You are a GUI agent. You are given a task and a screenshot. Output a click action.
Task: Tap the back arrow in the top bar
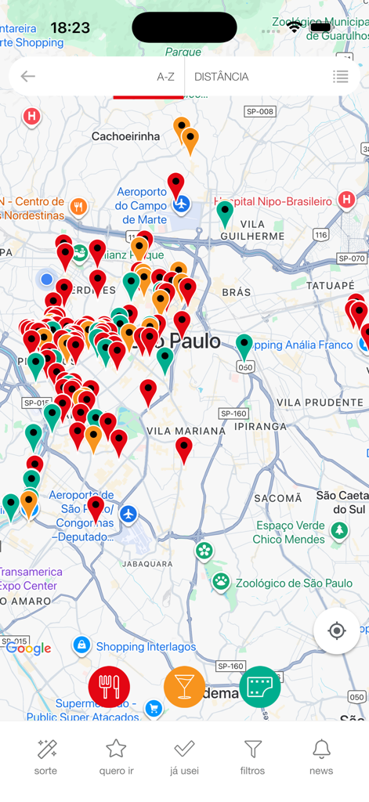(28, 76)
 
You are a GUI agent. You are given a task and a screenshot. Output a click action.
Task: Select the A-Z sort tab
(165, 77)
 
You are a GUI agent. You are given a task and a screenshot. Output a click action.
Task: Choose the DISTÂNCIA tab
(222, 77)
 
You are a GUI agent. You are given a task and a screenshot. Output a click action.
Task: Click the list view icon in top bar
(340, 77)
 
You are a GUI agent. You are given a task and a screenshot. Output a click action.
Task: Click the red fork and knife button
(109, 687)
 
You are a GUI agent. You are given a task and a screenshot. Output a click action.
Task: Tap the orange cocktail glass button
(184, 687)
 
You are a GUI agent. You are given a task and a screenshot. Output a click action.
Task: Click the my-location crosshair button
(337, 630)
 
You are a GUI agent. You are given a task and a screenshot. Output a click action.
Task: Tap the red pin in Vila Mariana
(184, 449)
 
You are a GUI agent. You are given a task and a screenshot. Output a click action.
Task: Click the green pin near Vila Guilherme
(225, 212)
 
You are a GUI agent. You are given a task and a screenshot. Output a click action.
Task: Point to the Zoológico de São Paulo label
(294, 583)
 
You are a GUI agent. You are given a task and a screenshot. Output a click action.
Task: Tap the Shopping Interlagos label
(146, 646)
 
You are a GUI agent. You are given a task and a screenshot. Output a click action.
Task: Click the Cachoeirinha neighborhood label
(125, 136)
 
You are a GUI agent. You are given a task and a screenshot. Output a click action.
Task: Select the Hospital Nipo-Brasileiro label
(278, 201)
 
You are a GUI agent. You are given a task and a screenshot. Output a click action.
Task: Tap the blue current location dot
(47, 279)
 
